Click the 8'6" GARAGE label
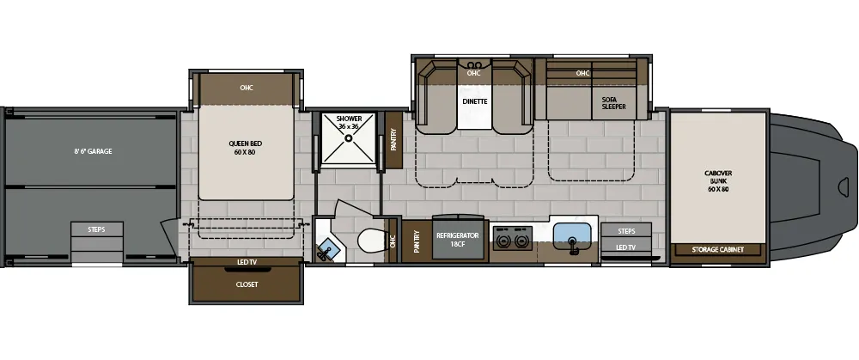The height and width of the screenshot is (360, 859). click(93, 151)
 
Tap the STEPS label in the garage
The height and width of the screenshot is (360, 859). click(96, 229)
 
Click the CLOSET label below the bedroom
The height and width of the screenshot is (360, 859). click(247, 284)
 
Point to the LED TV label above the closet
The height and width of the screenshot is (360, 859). click(247, 262)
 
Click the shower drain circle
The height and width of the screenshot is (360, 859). click(349, 137)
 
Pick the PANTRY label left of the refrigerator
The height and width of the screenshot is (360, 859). click(417, 241)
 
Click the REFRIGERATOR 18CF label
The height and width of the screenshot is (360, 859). click(457, 239)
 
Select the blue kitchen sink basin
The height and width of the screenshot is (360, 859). click(571, 233)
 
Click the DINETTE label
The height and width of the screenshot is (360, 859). click(475, 101)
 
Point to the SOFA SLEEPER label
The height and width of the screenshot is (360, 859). click(612, 104)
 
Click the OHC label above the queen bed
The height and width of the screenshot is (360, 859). click(247, 87)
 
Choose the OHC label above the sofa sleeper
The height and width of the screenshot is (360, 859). click(583, 73)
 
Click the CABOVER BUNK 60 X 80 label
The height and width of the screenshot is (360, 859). click(717, 180)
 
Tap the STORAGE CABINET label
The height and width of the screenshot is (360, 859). click(717, 250)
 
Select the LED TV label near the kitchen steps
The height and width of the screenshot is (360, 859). click(626, 248)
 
